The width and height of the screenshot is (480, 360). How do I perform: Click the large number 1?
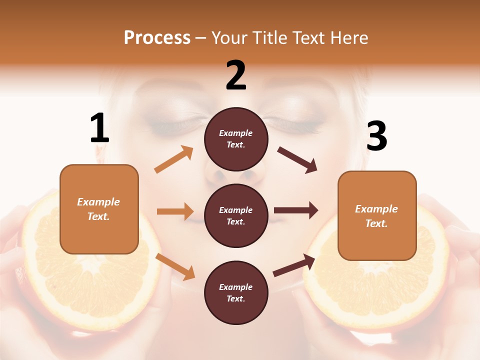pyautogui.click(x=99, y=128)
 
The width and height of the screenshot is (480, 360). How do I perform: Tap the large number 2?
pyautogui.click(x=236, y=75)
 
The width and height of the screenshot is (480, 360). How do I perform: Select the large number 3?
pyautogui.click(x=376, y=136)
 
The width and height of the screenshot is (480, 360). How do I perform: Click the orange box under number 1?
pyautogui.click(x=99, y=209)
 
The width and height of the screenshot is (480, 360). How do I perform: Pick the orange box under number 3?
pyautogui.click(x=377, y=216)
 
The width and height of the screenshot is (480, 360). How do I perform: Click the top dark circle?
pyautogui.click(x=236, y=139)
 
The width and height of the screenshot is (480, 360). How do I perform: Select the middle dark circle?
pyautogui.click(x=236, y=216)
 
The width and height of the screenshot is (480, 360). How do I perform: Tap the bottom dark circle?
pyautogui.click(x=236, y=293)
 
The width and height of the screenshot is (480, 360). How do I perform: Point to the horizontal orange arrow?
pyautogui.click(x=175, y=211)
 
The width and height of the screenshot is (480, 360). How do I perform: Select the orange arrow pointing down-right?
pyautogui.click(x=175, y=266)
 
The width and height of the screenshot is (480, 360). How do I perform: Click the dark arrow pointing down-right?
pyautogui.click(x=297, y=159)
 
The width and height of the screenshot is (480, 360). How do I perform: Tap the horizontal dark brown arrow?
pyautogui.click(x=296, y=210)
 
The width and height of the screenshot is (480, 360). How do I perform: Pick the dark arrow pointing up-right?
pyautogui.click(x=294, y=265)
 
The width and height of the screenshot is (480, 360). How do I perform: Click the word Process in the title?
pyautogui.click(x=157, y=37)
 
